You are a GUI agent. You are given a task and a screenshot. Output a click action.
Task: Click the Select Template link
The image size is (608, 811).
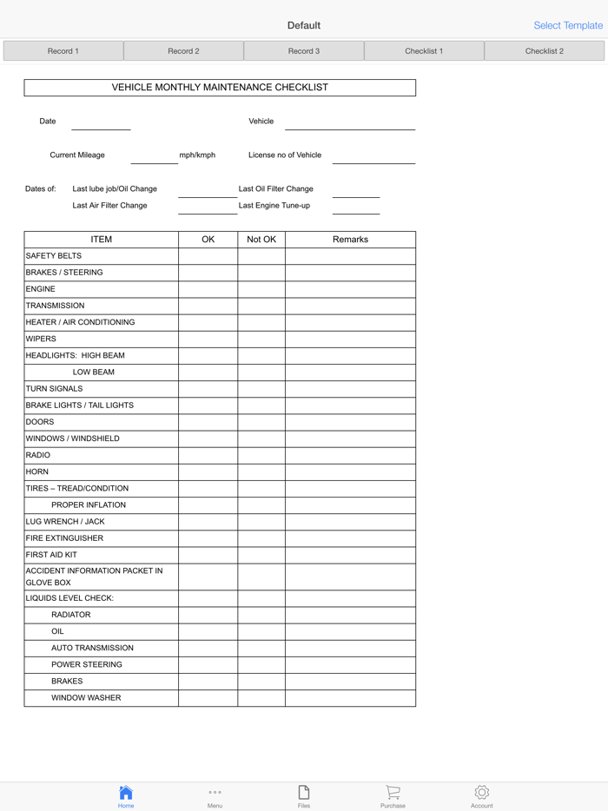(567, 25)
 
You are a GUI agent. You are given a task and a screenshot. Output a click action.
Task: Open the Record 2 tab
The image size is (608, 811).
(183, 51)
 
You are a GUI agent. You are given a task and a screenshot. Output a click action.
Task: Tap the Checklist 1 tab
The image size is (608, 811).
(424, 51)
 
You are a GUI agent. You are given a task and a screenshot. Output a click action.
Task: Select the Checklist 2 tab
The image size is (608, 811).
(545, 51)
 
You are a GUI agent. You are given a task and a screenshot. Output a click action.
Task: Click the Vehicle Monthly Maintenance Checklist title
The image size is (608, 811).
(220, 88)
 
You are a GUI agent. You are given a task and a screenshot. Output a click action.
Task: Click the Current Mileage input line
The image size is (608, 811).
(154, 157)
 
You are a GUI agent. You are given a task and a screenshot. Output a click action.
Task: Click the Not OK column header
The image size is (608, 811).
(261, 240)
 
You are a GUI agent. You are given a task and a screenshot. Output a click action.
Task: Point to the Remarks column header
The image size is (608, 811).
(350, 240)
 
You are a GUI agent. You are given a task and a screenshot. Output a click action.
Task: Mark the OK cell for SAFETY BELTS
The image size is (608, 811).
(208, 256)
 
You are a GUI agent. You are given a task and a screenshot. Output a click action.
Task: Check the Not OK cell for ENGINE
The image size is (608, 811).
(261, 289)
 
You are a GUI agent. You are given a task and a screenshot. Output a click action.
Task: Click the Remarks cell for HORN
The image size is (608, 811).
(350, 471)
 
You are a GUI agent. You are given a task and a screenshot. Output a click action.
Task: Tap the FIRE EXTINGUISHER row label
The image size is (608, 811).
(64, 538)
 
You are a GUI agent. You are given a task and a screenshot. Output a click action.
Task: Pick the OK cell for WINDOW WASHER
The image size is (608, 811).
(208, 698)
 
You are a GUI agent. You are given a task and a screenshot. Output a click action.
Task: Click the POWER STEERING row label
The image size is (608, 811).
(87, 665)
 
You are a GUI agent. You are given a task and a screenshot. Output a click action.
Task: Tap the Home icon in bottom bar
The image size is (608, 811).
(126, 794)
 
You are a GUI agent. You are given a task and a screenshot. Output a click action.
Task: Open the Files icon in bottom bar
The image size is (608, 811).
(304, 794)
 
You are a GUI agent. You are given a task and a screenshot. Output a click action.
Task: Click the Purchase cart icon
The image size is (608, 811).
(393, 794)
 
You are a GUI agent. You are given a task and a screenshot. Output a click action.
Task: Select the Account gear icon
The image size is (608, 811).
(482, 794)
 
